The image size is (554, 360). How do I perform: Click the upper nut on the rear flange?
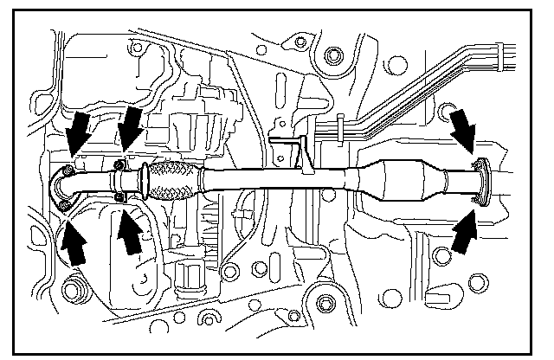pos(474,164)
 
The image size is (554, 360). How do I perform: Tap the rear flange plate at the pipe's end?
pos(483,183)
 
